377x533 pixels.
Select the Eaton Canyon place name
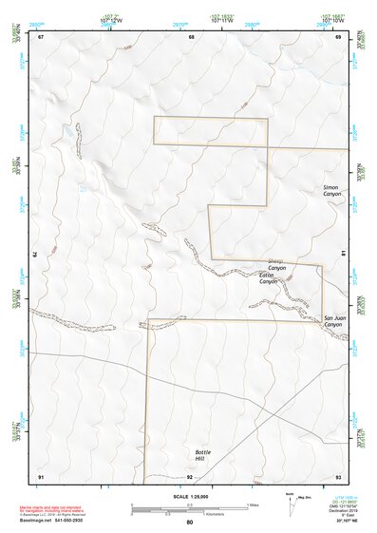coord(269,278)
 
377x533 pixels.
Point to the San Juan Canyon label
coord(332,321)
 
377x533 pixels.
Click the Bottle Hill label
coord(204,455)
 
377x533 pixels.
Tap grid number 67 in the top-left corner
coord(41,37)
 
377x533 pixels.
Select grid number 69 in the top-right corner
coord(338,37)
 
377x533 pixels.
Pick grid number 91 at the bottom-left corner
coord(41,476)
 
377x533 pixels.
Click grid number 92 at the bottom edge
coord(190,476)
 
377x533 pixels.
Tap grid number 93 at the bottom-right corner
coord(338,476)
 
